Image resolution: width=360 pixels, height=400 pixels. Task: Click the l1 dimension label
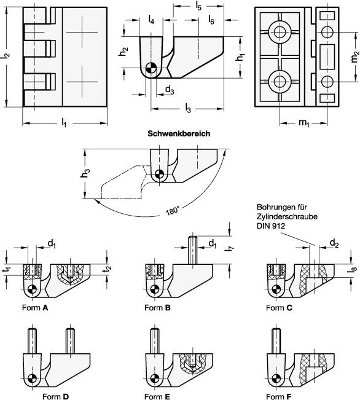[64, 124]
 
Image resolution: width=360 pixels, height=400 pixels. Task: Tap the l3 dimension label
[188, 109]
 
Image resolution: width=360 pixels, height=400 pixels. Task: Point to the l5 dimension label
[198, 6]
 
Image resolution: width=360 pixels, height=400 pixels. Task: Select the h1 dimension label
[240, 58]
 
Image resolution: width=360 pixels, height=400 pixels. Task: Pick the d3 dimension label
[170, 90]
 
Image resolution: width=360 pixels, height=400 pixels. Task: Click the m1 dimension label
[304, 123]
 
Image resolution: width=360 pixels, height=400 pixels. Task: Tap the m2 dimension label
[355, 57]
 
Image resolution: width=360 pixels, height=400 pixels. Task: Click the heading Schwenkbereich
[179, 133]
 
